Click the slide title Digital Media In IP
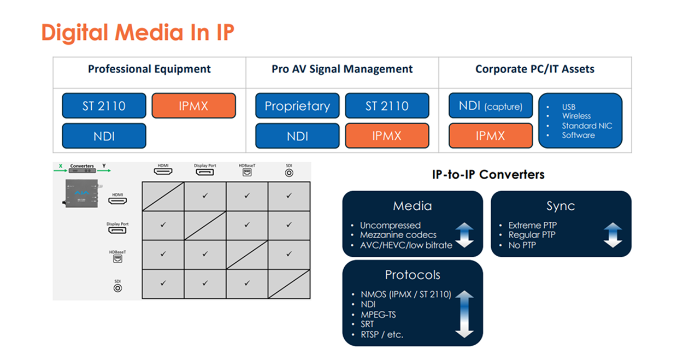[x=138, y=33]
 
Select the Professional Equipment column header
[x=149, y=69]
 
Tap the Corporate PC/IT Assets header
[x=534, y=69]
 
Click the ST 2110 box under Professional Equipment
[x=104, y=106]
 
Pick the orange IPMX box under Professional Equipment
[x=193, y=106]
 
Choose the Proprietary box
[x=297, y=106]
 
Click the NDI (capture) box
[x=490, y=106]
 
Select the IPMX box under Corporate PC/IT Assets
[x=490, y=136]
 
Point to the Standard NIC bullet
[x=587, y=126]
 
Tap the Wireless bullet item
[x=576, y=116]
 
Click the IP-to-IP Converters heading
[x=488, y=175]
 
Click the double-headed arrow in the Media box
[x=464, y=235]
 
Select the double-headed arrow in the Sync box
[x=613, y=235]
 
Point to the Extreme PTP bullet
[x=532, y=225]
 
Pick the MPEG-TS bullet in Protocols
[x=378, y=315]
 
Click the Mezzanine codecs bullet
[x=398, y=235]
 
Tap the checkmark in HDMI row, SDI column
[x=289, y=195]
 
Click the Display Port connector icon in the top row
[x=205, y=172]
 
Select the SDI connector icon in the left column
[x=117, y=287]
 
